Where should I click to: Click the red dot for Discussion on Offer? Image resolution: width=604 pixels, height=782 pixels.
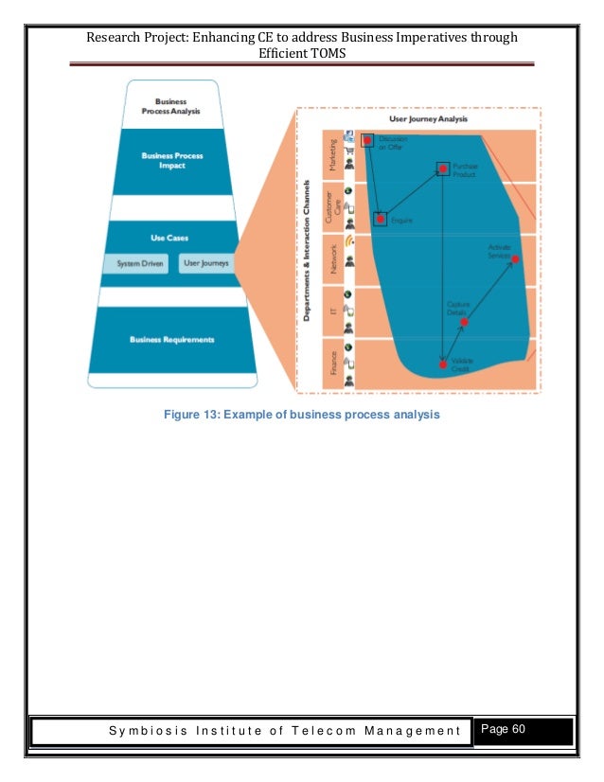pos(366,140)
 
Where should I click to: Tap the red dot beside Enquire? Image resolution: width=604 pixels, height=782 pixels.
pos(380,219)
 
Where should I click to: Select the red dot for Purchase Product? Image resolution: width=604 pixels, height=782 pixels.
pos(442,169)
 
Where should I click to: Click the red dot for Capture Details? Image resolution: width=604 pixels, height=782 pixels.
pos(464,322)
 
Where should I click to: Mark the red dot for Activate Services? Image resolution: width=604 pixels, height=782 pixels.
pos(515,258)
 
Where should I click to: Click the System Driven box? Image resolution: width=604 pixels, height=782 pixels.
pos(136,263)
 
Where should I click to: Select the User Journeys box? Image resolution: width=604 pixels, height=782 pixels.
pos(205,263)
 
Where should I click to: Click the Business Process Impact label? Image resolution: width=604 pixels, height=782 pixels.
pos(171,159)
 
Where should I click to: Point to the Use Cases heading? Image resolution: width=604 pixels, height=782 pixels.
pos(171,239)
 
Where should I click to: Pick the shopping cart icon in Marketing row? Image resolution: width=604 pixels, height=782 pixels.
pos(349,150)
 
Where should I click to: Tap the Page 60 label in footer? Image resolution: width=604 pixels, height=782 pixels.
pos(509,729)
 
